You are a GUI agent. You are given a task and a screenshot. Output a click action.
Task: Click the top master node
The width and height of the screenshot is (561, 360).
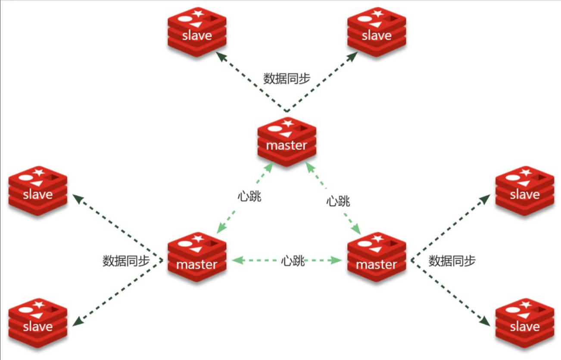[287, 142]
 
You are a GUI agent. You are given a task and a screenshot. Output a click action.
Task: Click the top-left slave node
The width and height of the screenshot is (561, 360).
[197, 32]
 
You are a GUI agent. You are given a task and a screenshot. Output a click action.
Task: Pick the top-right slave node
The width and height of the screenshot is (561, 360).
[377, 32]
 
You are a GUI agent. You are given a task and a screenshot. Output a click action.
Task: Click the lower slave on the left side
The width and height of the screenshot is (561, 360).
[38, 323]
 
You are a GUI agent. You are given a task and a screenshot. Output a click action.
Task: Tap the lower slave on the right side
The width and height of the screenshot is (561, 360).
[524, 323]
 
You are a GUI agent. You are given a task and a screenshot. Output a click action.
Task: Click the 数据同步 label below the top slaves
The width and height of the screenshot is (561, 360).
[287, 78]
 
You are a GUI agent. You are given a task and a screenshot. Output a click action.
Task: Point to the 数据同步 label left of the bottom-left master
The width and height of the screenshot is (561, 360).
[126, 261]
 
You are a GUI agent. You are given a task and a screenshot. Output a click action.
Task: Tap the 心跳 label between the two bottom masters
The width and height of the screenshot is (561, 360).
[293, 260]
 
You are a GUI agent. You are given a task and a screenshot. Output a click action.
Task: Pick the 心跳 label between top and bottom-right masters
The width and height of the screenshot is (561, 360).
[338, 200]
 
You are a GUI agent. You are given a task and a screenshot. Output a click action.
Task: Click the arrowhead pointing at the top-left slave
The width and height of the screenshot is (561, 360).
[220, 56]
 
